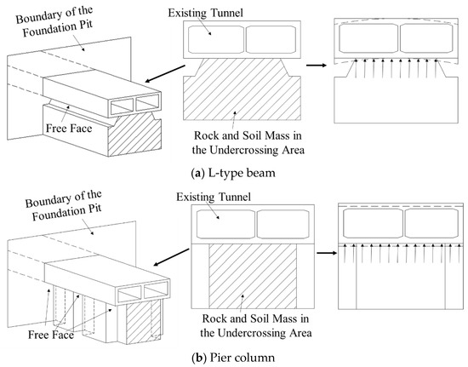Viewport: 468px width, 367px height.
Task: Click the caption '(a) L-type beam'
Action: (233, 173)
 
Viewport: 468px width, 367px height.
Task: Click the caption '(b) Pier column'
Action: (233, 358)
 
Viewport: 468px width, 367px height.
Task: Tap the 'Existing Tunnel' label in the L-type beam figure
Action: (205, 13)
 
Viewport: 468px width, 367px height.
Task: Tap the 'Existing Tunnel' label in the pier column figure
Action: (214, 197)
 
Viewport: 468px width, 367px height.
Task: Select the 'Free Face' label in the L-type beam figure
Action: (69, 128)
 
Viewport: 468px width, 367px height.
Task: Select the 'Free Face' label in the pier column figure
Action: (51, 335)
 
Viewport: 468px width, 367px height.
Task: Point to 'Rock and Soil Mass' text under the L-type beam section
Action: (248, 135)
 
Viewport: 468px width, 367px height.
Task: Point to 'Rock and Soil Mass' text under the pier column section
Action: (255, 318)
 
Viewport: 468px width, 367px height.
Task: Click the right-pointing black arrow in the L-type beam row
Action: (317, 65)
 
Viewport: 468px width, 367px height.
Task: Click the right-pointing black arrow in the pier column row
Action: (327, 253)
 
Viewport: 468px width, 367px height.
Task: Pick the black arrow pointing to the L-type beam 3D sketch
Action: (165, 73)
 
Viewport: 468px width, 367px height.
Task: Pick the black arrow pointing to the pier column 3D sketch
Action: (171, 257)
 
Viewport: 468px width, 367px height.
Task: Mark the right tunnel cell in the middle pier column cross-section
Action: (283, 224)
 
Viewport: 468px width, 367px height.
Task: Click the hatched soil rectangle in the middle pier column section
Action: (253, 276)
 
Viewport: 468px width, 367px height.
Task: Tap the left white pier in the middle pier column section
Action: (200, 276)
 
